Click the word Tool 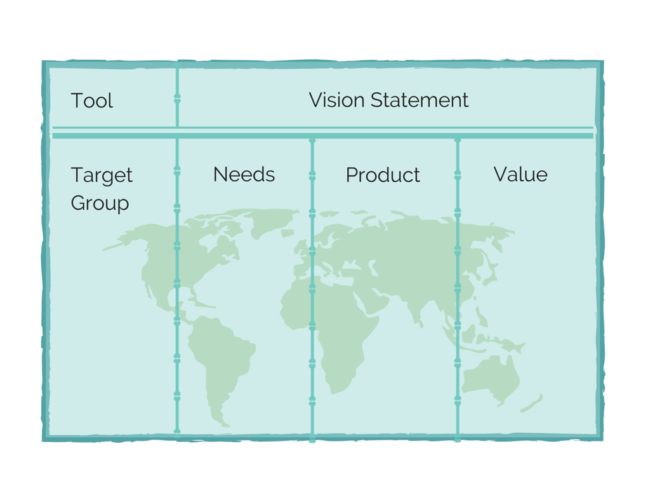click(x=91, y=100)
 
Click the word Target click(x=102, y=175)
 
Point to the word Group click(x=100, y=203)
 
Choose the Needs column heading click(x=244, y=175)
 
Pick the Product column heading click(x=383, y=175)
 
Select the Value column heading click(x=521, y=175)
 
